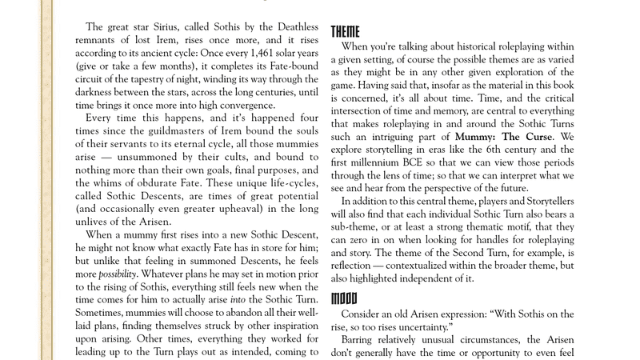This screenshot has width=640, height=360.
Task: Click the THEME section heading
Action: (x=345, y=32)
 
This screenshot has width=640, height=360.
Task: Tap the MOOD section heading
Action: (x=344, y=298)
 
